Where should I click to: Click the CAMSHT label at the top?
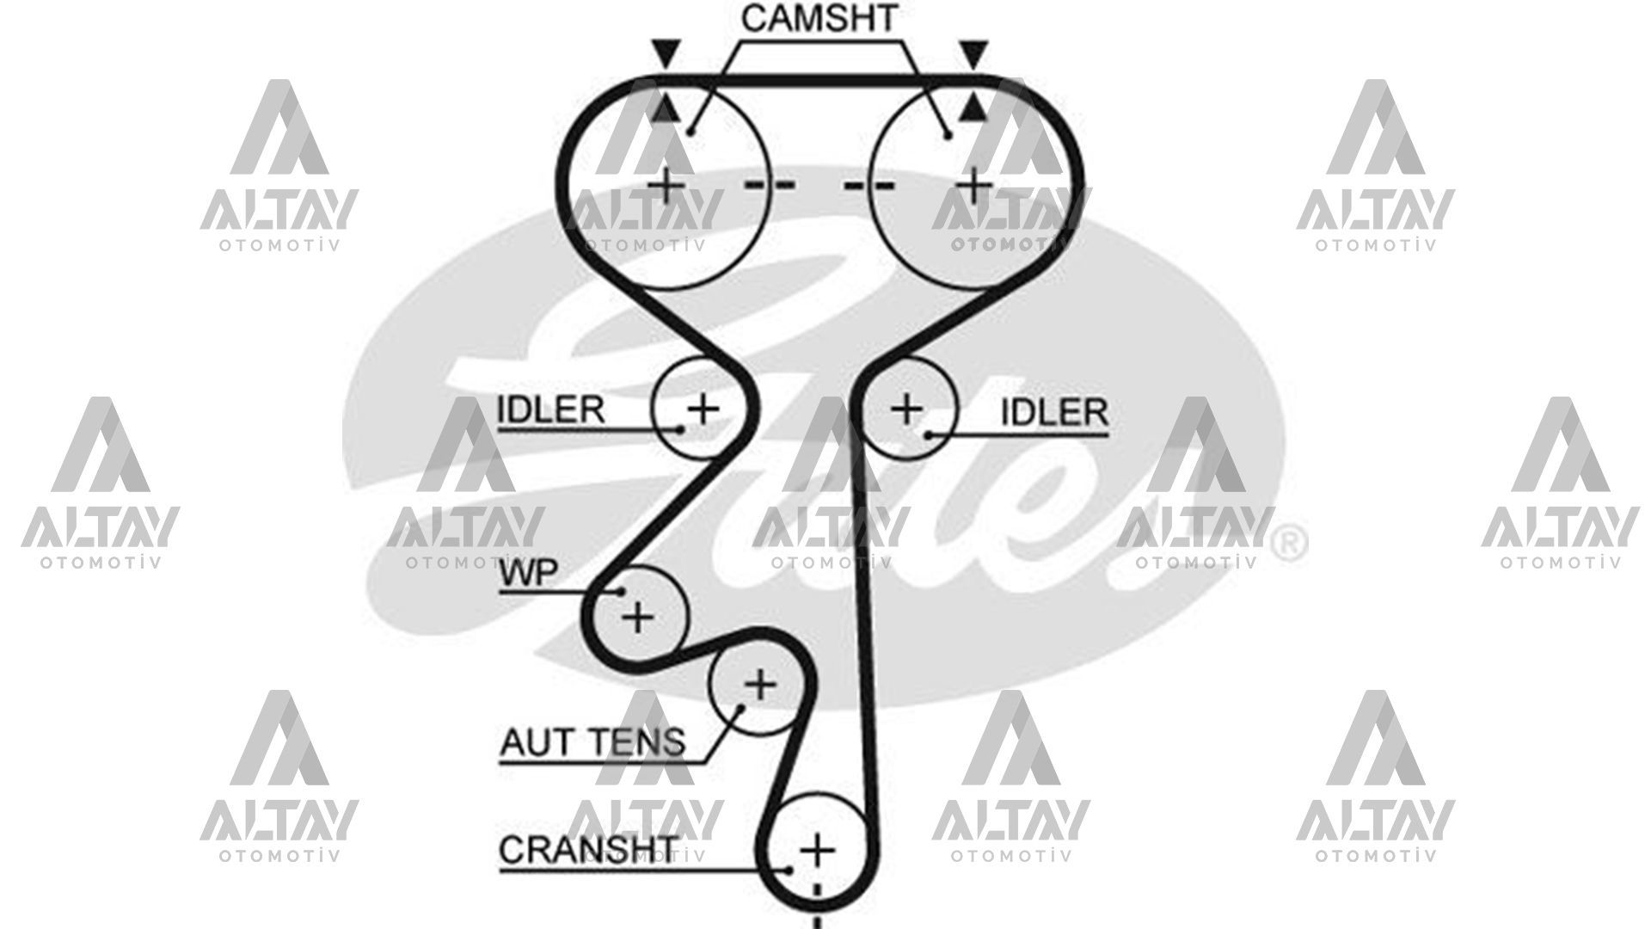819,19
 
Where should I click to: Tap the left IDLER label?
551,409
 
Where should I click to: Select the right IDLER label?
1054,413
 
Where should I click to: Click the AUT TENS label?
592,741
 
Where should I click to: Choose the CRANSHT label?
588,850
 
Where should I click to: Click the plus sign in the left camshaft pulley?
666,185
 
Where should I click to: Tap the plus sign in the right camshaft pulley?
973,185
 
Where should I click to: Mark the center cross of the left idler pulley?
703,407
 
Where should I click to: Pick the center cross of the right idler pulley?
906,409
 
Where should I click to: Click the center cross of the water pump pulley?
637,617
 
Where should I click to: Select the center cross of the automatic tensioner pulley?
759,686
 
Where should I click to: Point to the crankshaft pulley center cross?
817,851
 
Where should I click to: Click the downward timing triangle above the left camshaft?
665,53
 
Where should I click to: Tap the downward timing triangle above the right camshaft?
973,53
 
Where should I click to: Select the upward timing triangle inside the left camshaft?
665,109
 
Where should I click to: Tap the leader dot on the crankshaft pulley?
788,870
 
